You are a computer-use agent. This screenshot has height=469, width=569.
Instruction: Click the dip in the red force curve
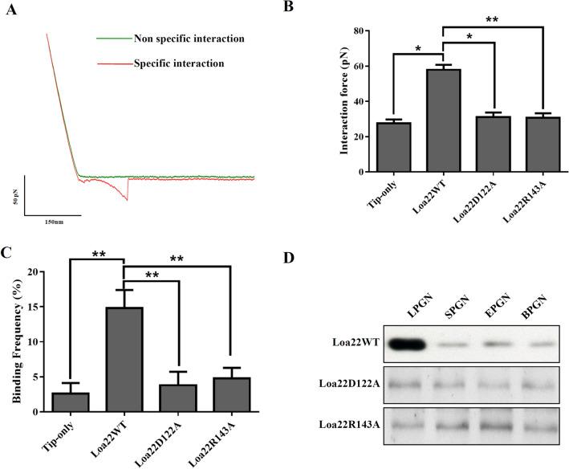(126, 198)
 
